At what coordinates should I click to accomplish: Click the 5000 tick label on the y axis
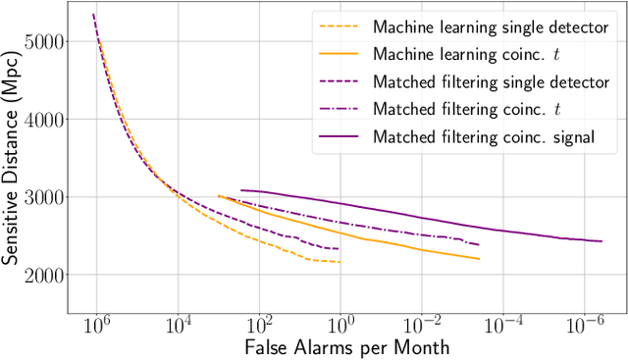click(x=45, y=42)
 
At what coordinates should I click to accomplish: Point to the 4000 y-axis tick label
click(x=45, y=120)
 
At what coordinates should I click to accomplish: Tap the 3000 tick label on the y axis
click(x=45, y=197)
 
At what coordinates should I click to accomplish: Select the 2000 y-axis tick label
click(x=45, y=275)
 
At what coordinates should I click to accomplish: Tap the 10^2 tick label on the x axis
click(x=259, y=321)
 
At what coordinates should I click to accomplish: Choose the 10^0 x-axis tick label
click(x=340, y=321)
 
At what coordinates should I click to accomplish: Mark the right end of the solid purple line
click(x=602, y=241)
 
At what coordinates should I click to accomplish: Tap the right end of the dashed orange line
click(x=340, y=262)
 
